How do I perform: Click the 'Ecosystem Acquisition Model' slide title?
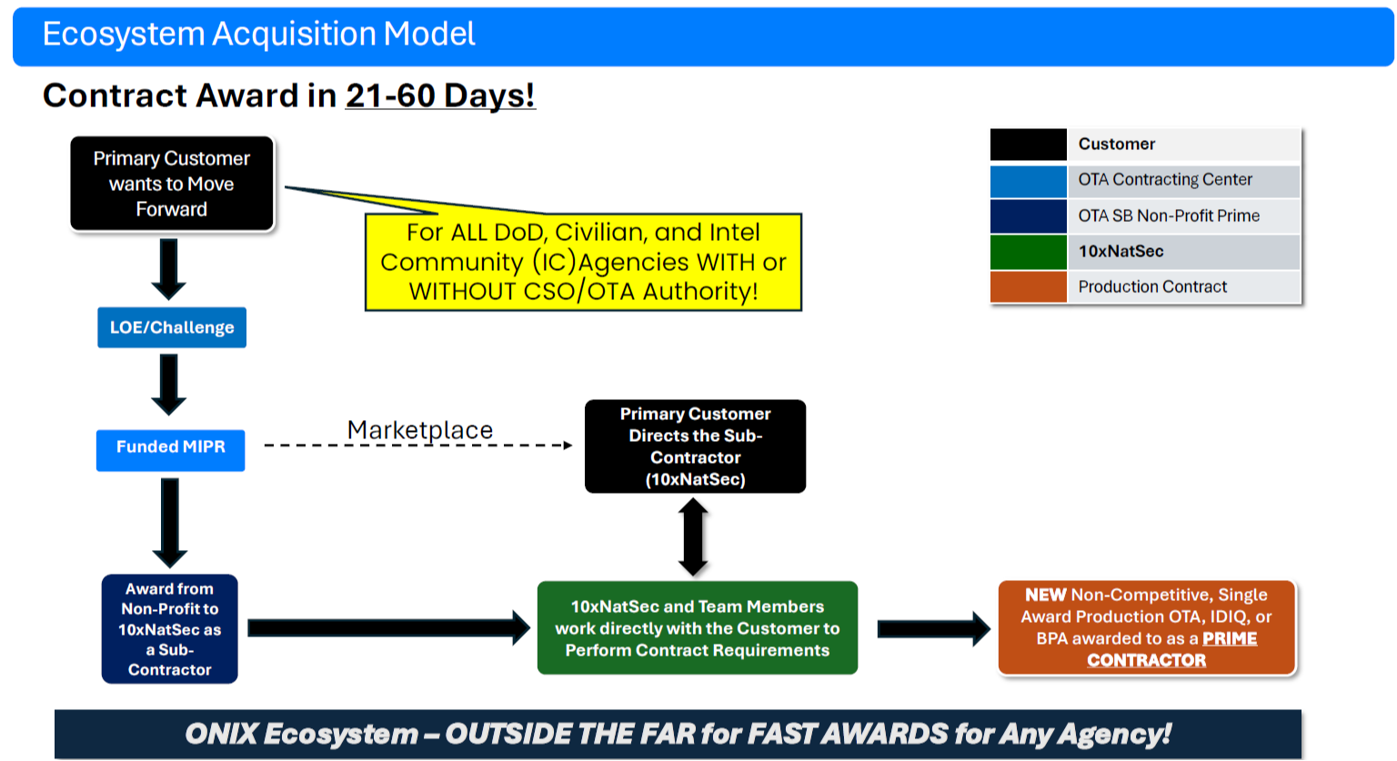258,35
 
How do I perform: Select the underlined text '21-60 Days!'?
440,95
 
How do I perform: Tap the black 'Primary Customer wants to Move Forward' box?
172,184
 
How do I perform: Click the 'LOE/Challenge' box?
172,327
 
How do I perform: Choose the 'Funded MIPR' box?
170,447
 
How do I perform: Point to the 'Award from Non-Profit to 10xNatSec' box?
169,629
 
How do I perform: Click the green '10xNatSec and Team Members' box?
697,628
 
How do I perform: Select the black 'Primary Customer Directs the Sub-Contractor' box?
695,446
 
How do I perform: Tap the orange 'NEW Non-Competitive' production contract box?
1146,627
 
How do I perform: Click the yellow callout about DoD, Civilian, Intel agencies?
583,263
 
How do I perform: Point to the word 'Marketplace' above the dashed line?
420,429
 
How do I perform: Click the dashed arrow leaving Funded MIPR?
418,446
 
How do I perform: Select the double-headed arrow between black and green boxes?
693,537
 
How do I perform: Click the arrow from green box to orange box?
933,628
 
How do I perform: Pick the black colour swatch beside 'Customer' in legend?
1028,145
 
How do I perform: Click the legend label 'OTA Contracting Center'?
1165,180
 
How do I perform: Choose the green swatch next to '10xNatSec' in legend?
1028,252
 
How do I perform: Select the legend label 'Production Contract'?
1152,287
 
